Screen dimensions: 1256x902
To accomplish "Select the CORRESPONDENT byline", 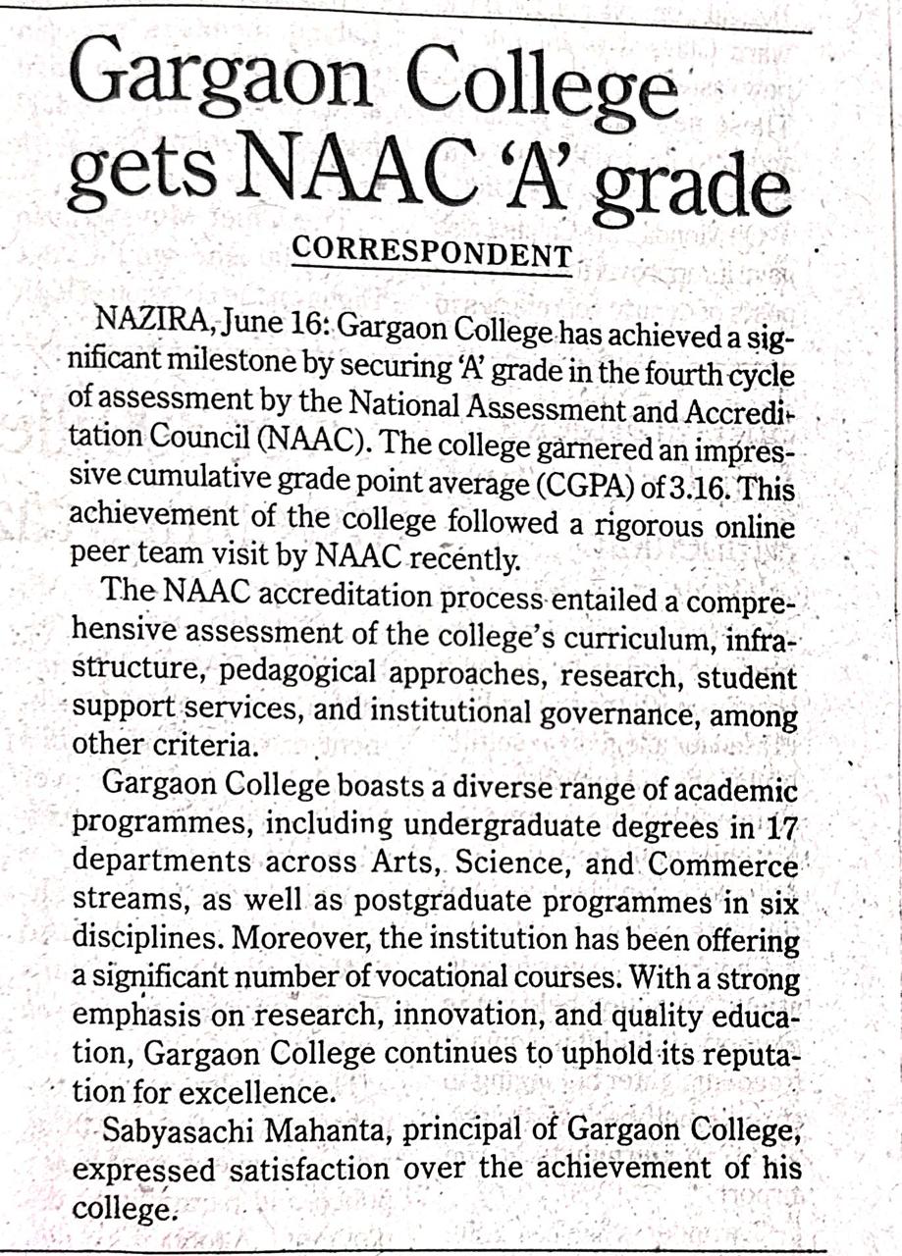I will [432, 254].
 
